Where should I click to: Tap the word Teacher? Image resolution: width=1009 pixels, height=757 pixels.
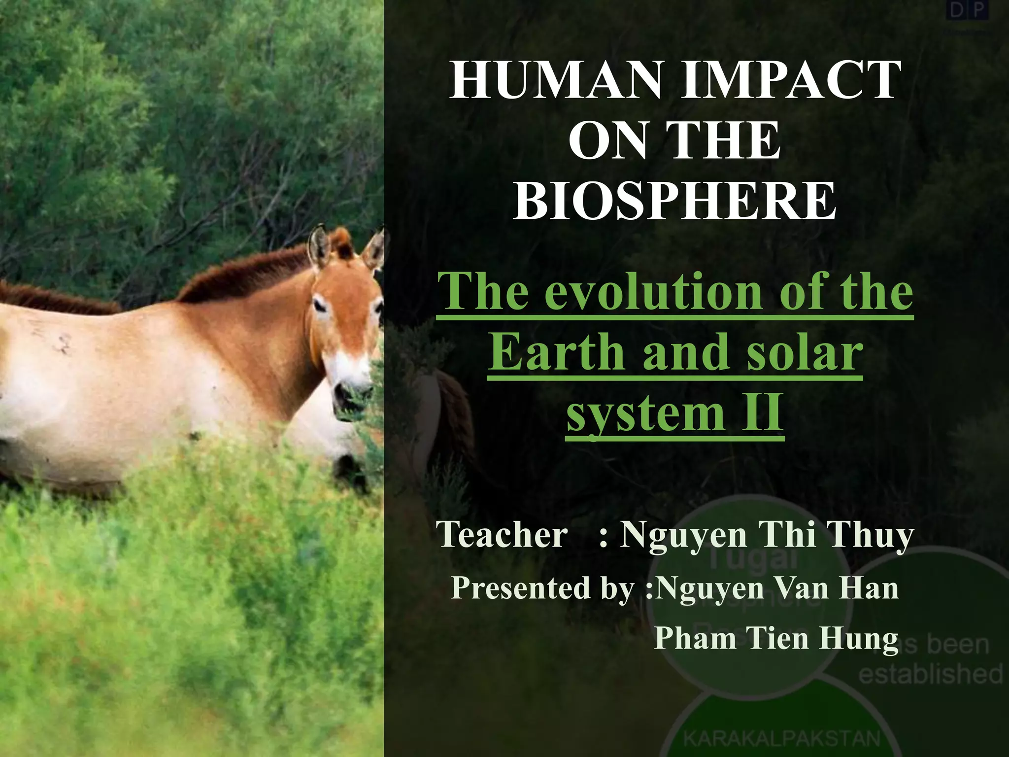[503, 535]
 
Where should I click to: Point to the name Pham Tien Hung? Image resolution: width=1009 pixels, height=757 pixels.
[776, 638]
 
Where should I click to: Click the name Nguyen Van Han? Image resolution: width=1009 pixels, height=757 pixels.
[778, 588]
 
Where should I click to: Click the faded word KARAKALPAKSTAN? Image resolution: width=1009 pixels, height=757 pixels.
[781, 738]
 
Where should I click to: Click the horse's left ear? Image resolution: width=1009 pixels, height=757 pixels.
[319, 245]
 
